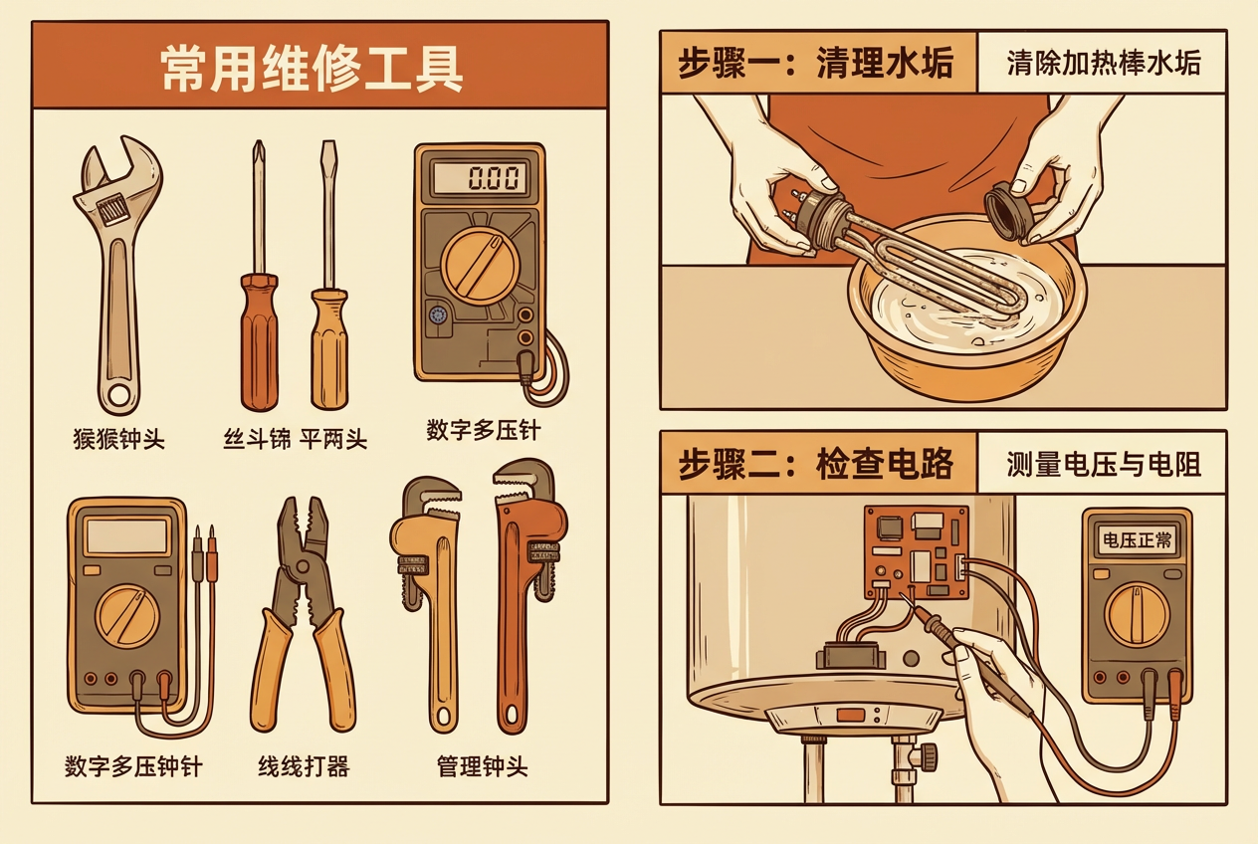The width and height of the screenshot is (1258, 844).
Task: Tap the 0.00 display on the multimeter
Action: pyautogui.click(x=481, y=179)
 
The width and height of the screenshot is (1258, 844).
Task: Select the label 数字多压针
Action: pyautogui.click(x=483, y=431)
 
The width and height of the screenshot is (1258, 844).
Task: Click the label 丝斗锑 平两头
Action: pyautogui.click(x=294, y=438)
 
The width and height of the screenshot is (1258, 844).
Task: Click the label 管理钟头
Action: pyautogui.click(x=482, y=766)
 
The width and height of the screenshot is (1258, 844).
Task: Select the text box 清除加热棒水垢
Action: pyautogui.click(x=1103, y=63)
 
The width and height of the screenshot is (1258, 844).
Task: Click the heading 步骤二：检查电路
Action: pyautogui.click(x=815, y=464)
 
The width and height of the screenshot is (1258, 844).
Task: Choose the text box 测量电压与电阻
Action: pyautogui.click(x=1102, y=464)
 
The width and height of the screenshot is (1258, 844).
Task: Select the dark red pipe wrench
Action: pyautogui.click(x=524, y=587)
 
